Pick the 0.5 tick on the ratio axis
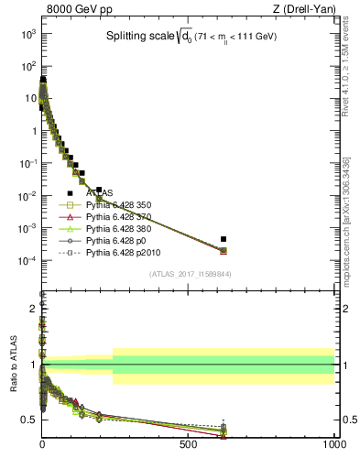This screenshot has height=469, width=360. click(x=29, y=420)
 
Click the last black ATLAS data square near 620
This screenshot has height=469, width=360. click(x=224, y=239)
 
